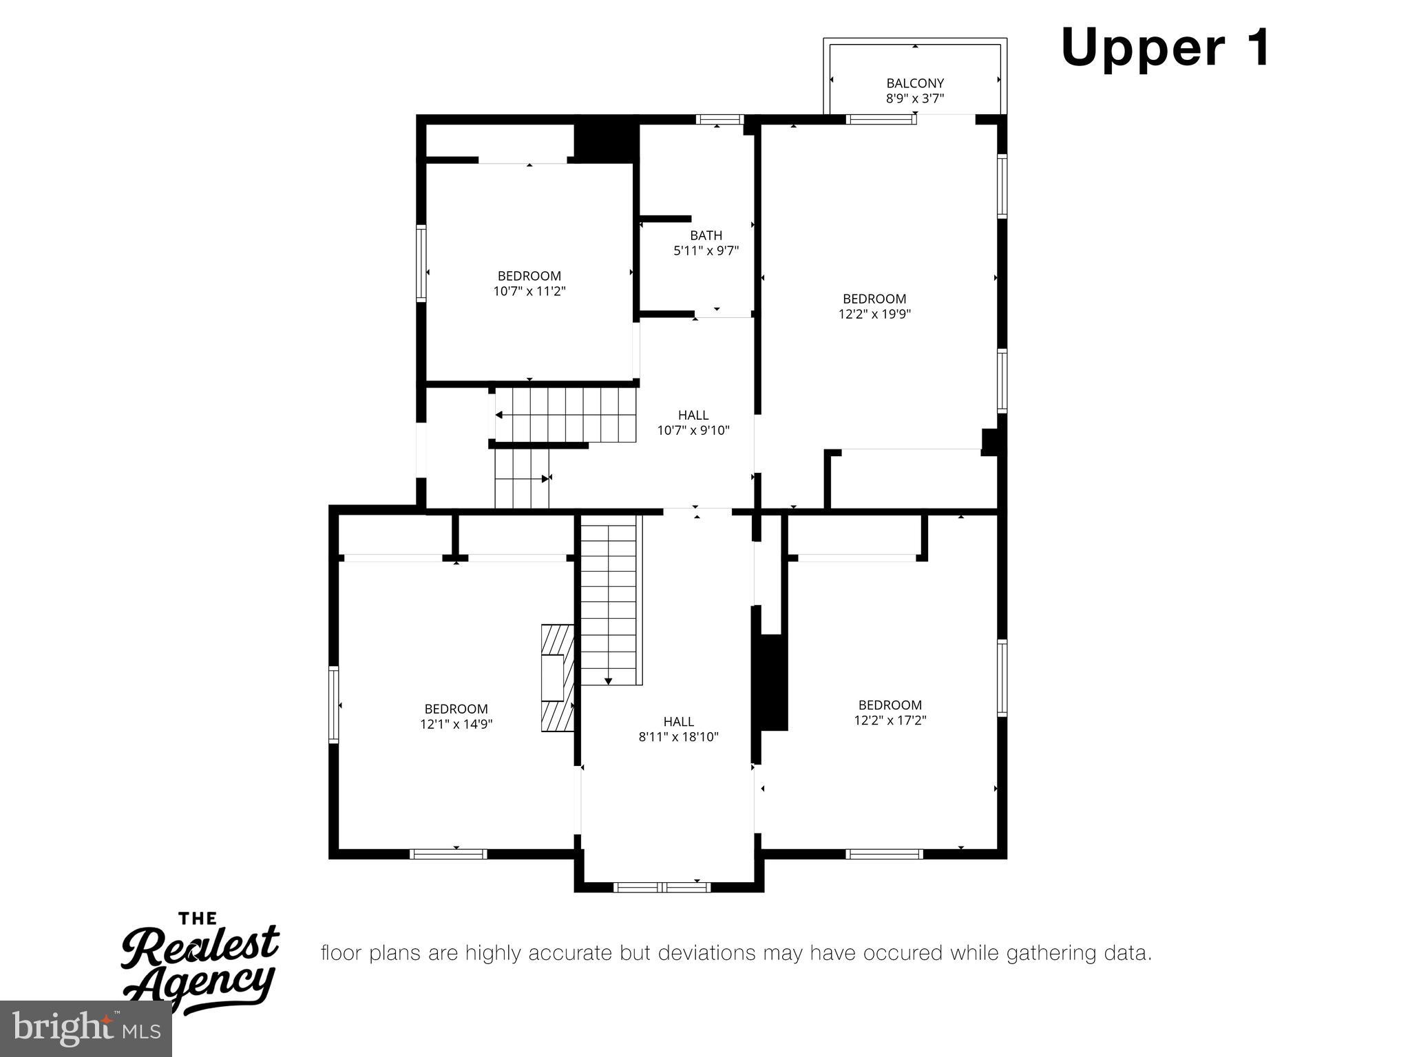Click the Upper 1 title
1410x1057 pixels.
1165,48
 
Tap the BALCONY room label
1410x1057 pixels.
914,83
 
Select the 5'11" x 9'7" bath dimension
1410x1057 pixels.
706,250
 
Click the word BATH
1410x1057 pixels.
706,235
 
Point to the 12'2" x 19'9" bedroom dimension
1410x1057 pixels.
874,314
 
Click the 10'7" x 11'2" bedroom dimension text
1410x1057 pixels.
529,291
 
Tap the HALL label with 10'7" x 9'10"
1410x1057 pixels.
693,415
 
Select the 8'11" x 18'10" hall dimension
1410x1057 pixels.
678,737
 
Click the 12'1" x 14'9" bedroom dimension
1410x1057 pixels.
456,724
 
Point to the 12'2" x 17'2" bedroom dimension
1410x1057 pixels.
890,720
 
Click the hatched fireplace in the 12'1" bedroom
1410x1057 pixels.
557,677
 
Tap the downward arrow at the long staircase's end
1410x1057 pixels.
608,681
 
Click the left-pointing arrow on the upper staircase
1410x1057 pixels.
499,415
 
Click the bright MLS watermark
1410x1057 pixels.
85,1028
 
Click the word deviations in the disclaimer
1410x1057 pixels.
706,953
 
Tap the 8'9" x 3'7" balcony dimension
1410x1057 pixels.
914,98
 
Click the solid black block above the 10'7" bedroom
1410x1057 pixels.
604,142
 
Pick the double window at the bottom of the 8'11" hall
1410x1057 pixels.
662,887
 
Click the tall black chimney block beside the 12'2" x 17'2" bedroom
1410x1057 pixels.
772,682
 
